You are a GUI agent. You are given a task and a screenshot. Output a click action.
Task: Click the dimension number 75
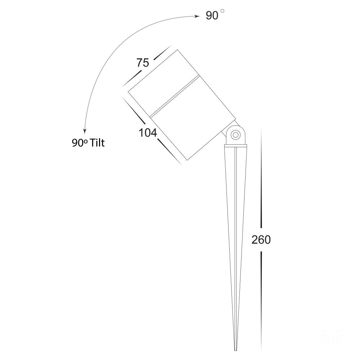[143, 63]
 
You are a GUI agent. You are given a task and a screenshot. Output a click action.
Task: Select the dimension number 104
[148, 133]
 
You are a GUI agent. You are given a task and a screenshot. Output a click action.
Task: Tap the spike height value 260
[261, 240]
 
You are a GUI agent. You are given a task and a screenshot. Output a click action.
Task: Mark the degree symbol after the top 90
[222, 12]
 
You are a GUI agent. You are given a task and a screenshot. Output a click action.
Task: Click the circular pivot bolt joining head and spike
[235, 135]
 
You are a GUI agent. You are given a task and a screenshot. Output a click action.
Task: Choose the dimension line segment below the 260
[261, 299]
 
